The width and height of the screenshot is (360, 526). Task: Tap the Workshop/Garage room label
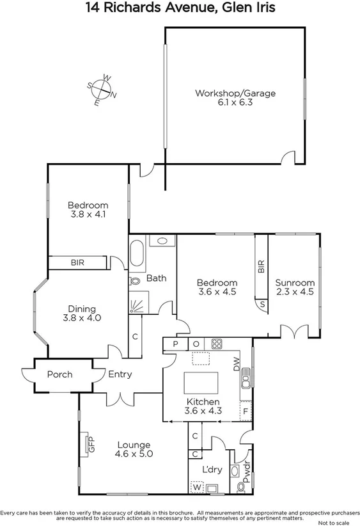(x=235, y=93)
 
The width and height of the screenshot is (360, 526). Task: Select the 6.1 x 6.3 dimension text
(x=235, y=102)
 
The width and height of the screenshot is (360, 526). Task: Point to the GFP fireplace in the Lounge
(x=86, y=443)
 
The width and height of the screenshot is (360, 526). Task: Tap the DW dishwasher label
(x=236, y=365)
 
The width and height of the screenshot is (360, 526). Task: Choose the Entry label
(x=120, y=374)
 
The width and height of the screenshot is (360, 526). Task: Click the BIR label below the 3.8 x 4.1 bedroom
(x=77, y=262)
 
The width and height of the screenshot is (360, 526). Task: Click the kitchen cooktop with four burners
(x=216, y=344)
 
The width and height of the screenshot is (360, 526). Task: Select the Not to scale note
(x=338, y=522)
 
